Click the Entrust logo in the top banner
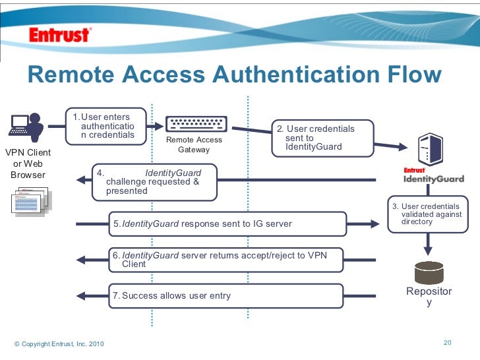59,34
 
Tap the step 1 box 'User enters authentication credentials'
106,126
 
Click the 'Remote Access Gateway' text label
194,144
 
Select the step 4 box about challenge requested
155,182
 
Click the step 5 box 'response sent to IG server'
227,224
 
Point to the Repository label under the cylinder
429,297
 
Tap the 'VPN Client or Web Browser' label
28,164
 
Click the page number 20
447,342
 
